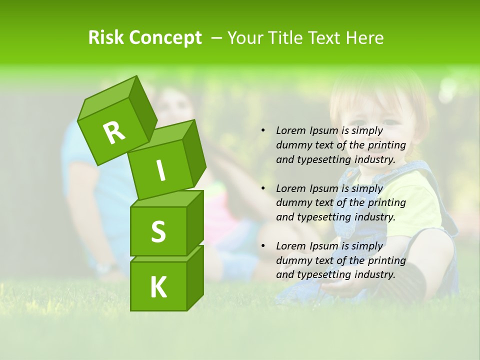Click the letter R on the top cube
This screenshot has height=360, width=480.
[114, 132]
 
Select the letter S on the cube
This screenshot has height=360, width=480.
[158, 232]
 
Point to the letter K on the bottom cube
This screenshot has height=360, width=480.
[158, 287]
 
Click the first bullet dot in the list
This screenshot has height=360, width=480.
[263, 131]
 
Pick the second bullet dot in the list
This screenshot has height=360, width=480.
[263, 188]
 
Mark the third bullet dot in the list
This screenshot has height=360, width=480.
[263, 246]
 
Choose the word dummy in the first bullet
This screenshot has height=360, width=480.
[292, 145]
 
